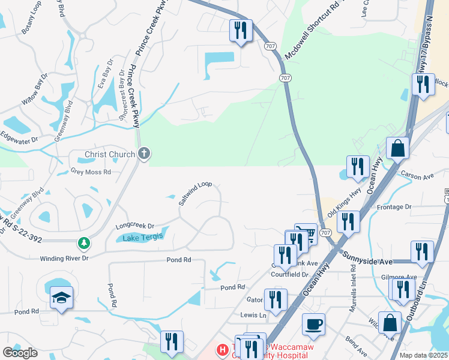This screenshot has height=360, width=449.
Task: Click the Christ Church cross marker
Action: click(143, 154)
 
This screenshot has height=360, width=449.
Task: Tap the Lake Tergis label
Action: click(143, 238)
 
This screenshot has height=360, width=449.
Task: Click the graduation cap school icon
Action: click(61, 298)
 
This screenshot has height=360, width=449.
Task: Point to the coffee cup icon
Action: click(313, 325)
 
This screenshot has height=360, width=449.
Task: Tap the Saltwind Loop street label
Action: click(196, 193)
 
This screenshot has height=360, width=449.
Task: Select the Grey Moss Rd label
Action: click(91, 172)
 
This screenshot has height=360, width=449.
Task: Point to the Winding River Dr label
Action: click(64, 258)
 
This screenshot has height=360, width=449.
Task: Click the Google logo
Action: click(20, 352)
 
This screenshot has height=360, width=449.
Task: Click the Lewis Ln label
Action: click(253, 314)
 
